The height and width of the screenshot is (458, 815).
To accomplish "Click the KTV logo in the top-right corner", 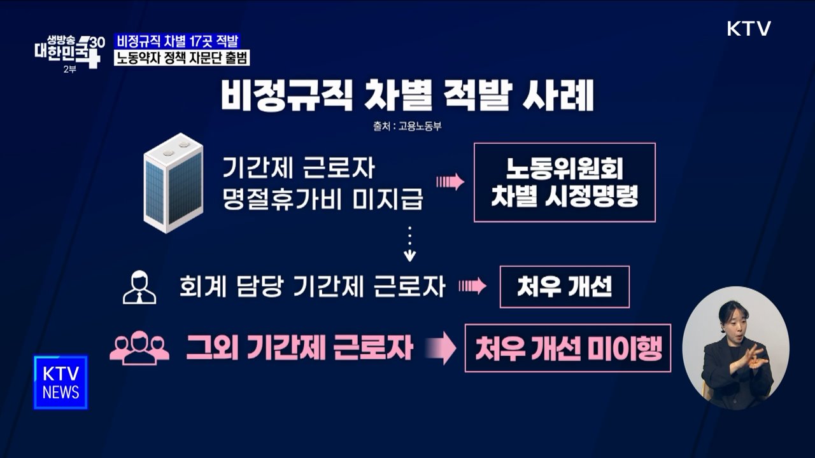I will (x=749, y=29).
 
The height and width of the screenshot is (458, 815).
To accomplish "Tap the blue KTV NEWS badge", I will (x=60, y=382).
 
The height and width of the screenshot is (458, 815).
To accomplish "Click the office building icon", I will (x=173, y=183).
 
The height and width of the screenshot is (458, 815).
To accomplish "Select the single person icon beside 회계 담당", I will (x=139, y=288).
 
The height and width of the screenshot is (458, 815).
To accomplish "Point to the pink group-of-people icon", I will (x=139, y=349).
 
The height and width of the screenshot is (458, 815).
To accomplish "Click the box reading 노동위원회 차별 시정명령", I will (x=564, y=183).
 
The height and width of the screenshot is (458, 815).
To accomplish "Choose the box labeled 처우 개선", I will (x=564, y=287).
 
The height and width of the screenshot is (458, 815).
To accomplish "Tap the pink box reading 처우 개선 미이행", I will (x=567, y=349).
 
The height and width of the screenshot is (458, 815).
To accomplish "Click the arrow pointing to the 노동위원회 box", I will (x=450, y=182).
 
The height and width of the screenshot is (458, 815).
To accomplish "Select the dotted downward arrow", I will (x=410, y=244).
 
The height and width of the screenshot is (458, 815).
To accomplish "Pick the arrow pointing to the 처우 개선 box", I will (x=472, y=287).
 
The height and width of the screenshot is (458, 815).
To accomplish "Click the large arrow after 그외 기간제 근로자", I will (x=441, y=349).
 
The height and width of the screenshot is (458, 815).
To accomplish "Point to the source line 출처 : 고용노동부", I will (x=407, y=126).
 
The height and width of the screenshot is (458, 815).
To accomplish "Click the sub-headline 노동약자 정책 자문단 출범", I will (x=181, y=58).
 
